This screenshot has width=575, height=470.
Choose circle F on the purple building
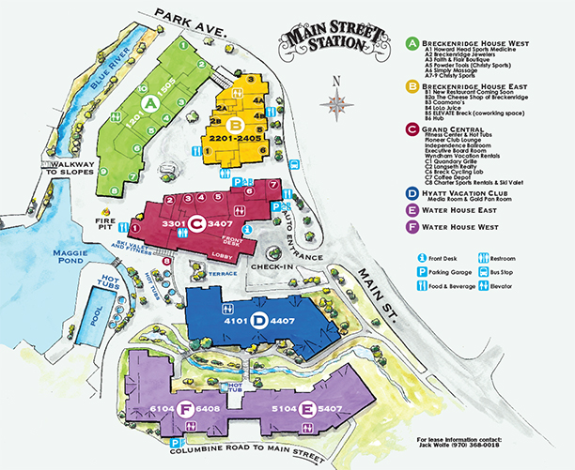click(187, 408)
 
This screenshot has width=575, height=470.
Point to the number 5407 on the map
click(330, 408)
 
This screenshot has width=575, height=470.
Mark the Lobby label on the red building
click(222, 255)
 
